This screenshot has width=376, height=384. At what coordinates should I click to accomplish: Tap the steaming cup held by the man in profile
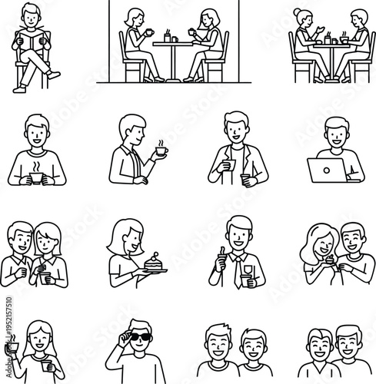161,151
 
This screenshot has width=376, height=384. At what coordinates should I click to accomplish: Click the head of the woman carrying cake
124,237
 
